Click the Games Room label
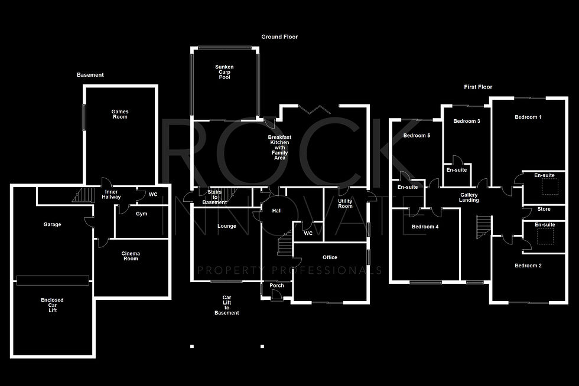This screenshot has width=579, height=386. coord(119,114)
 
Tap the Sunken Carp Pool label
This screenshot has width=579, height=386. coord(225,72)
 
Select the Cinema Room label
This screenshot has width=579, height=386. coord(131,256)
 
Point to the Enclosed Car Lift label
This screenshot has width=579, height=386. coord(53,305)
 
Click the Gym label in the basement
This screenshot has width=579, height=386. coord(141,214)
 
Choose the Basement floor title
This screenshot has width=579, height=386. coord(90,75)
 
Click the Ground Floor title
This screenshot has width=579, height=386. coord(279,37)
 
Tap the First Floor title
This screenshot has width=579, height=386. coord(478,87)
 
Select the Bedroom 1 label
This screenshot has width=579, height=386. coord(528,117)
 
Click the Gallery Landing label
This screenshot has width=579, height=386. coord(469,198)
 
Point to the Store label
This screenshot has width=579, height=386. coord(544,209)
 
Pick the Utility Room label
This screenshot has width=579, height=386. coord(345,204)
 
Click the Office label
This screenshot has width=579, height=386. coord(330,257)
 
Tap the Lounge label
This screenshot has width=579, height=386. coord(227,226)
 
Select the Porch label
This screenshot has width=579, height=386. coord(277,285)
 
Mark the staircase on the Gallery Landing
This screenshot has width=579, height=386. coord(484,227)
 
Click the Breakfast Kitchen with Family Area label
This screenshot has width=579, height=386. coord(279,148)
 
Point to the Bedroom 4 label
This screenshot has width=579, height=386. coord(425,227)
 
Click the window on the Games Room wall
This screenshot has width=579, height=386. coord(84,117)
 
